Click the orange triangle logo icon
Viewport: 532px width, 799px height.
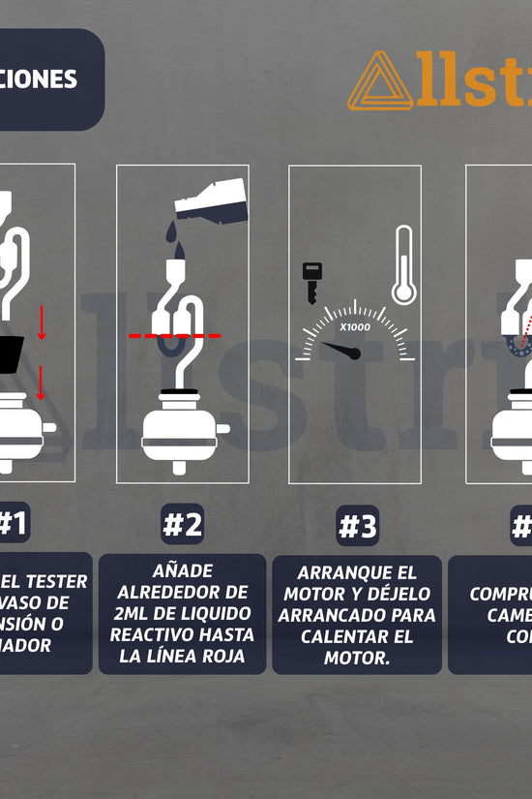pos(380,81)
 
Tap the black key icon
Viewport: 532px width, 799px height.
pos(312,282)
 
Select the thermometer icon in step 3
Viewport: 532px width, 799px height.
pos(402,266)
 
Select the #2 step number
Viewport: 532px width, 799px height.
pos(182,525)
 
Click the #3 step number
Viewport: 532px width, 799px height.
pos(357,527)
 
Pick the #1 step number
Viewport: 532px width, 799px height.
pos(13,524)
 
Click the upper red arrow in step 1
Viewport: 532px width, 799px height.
pos(42,323)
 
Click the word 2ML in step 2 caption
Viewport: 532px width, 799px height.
pos(129,613)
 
